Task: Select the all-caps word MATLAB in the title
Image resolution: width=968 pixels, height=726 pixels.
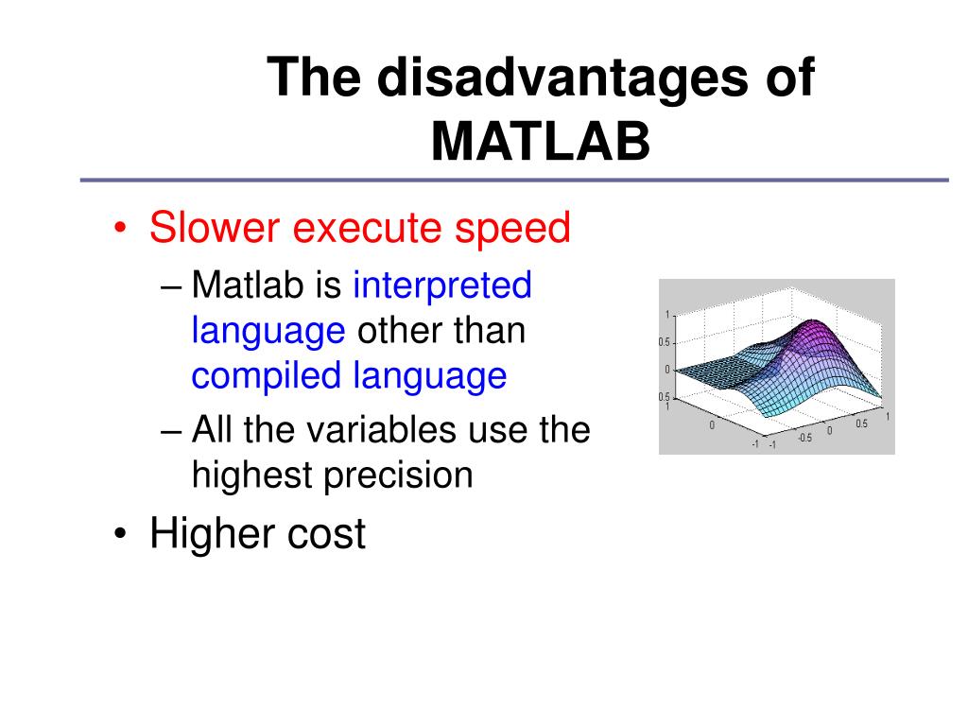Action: (541, 141)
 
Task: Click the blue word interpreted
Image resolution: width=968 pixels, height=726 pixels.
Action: (442, 285)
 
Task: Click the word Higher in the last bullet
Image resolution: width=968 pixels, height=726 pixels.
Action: (217, 534)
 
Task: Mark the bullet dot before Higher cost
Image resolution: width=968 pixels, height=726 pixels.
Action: (119, 535)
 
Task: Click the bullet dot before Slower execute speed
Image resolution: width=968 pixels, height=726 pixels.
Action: (119, 229)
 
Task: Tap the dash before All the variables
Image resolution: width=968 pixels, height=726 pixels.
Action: (171, 430)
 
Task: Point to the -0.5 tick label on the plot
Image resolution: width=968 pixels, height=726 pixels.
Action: (804, 438)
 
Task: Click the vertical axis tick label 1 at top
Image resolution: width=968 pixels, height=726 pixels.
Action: (666, 315)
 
